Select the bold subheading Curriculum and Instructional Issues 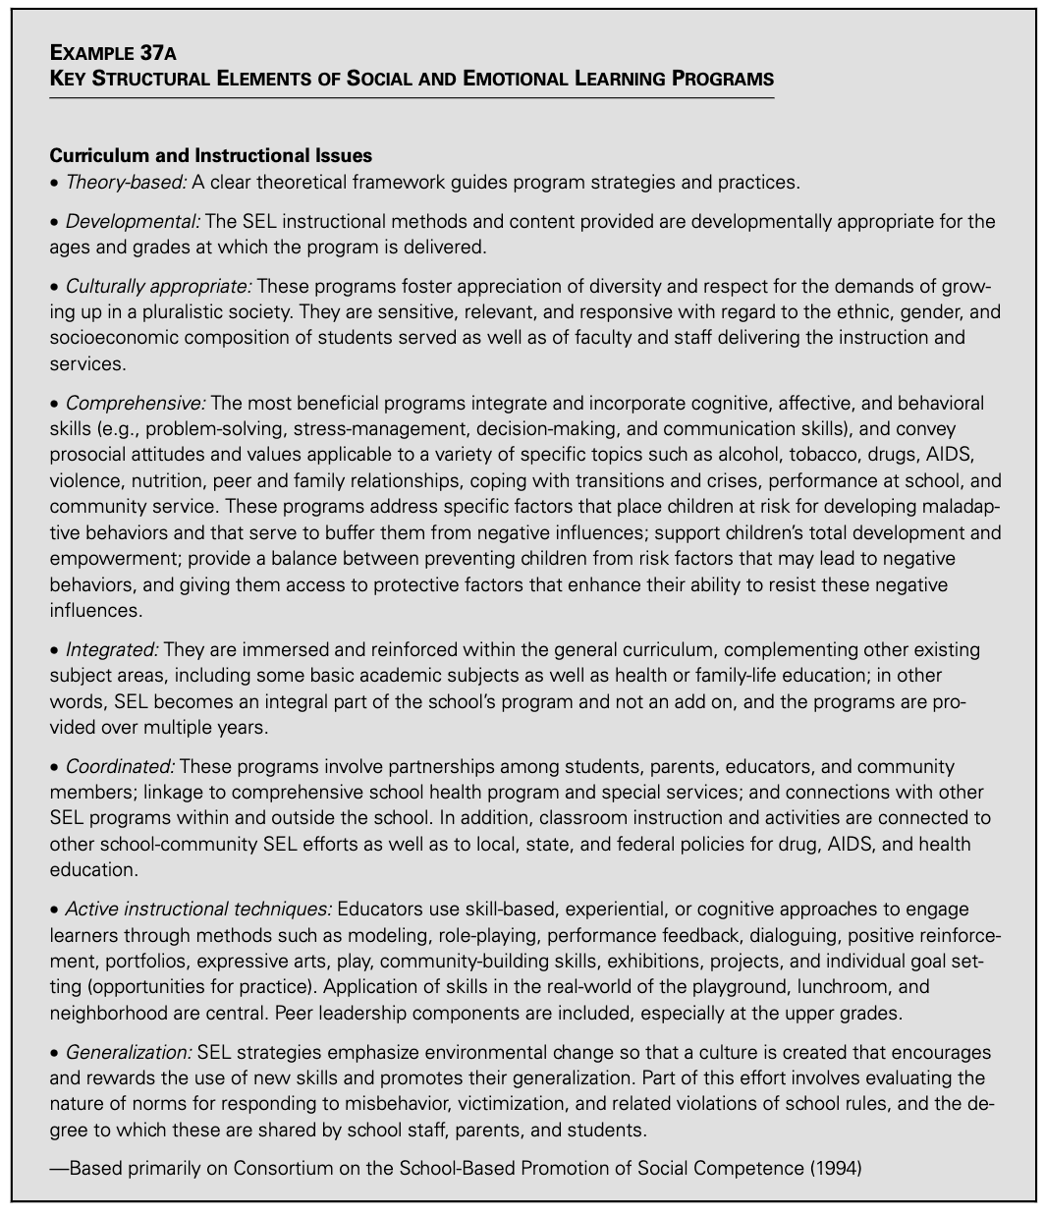(210, 156)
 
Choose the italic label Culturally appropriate (158, 287)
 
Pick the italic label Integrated (111, 649)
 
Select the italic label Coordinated (120, 765)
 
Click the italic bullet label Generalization (128, 1024)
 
